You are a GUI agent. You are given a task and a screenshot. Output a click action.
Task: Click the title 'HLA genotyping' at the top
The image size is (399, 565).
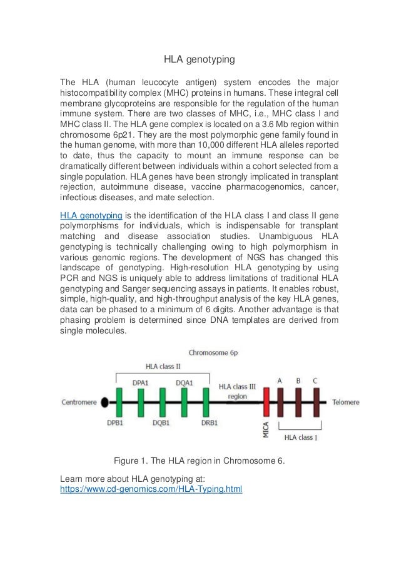[x=199, y=60]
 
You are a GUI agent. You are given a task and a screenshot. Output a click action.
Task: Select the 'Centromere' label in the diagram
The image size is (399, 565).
[x=79, y=402]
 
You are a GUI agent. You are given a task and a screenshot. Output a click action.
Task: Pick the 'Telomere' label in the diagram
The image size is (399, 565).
[x=346, y=402]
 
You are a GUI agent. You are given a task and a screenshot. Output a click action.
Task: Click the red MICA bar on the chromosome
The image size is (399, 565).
[x=266, y=402]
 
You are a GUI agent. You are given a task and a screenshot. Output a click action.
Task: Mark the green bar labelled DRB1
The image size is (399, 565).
[x=206, y=402]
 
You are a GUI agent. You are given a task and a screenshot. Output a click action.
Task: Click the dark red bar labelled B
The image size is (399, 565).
[x=298, y=402]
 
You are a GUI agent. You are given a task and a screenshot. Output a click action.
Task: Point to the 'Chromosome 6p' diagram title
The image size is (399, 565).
[x=213, y=353]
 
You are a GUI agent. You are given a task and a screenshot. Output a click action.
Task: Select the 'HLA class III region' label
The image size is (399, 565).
[x=237, y=391]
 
